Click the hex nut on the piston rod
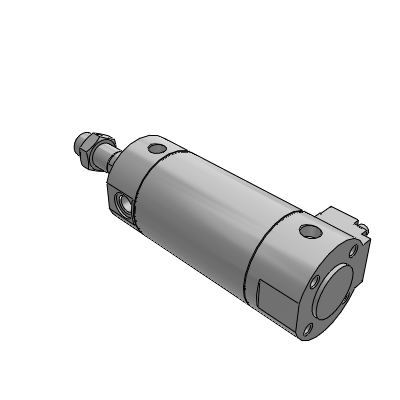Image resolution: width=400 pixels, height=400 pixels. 91,149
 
